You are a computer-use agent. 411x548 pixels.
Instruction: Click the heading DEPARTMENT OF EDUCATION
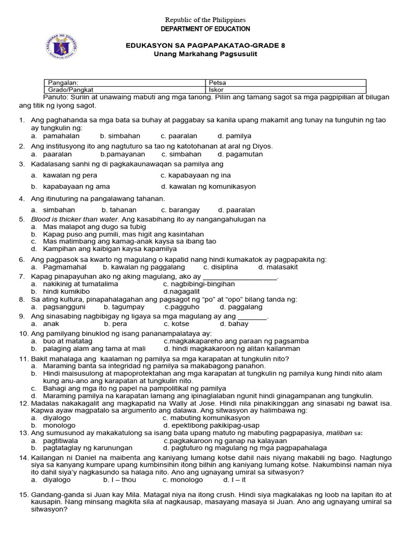coord(205,28)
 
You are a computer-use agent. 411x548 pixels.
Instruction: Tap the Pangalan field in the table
coord(125,83)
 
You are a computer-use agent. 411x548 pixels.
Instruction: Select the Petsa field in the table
coord(286,83)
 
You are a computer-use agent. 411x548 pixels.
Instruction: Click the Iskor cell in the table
coord(286,90)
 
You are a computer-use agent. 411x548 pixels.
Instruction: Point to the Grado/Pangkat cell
coord(125,90)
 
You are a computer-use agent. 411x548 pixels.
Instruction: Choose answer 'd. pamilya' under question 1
coord(234,136)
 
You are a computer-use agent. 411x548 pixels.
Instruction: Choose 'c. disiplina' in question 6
coord(221,267)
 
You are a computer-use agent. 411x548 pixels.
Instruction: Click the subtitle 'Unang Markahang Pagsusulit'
coord(205,55)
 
